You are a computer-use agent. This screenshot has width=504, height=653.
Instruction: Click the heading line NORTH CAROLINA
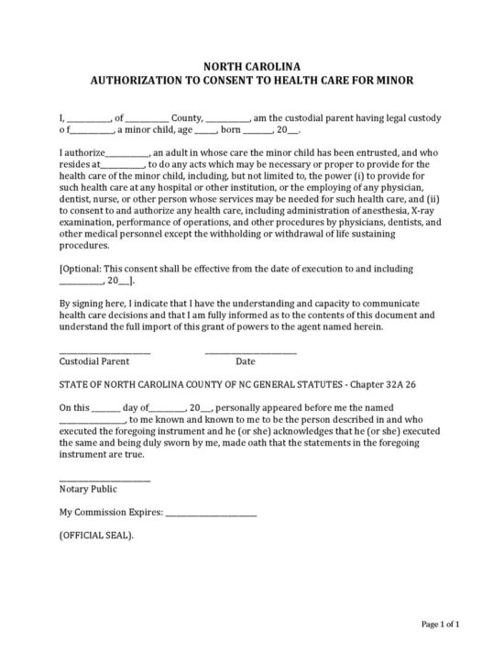251,66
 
